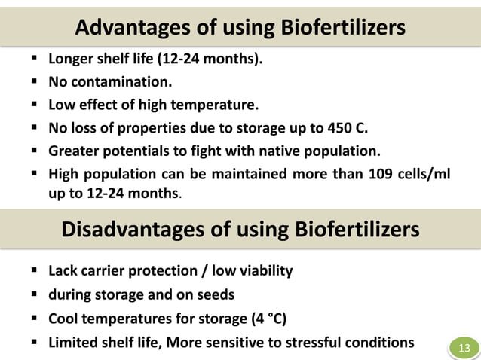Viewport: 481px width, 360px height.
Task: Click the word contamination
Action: pos(119,81)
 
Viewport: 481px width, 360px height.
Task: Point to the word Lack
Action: pos(64,270)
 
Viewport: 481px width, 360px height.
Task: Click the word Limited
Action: pos(74,343)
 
